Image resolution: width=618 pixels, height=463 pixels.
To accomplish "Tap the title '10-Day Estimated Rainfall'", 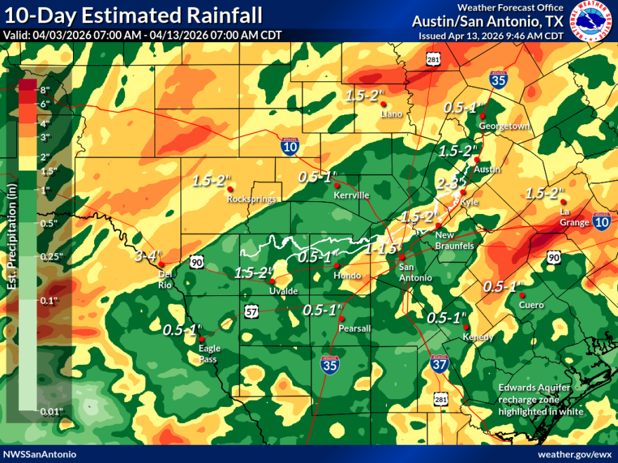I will click(133, 15).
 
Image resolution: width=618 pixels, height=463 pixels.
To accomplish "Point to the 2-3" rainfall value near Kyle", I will click(449, 183).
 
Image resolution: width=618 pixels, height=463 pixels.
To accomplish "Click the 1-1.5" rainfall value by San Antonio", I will click(381, 248).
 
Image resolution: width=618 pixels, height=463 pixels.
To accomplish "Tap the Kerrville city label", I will click(350, 195).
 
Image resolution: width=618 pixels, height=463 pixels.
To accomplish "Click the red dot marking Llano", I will click(383, 105).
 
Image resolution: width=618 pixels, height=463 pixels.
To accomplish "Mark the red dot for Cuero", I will click(521, 295).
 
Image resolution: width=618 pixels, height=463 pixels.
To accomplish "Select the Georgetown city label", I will click(503, 126).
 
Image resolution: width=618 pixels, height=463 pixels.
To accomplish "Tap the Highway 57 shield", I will click(251, 311).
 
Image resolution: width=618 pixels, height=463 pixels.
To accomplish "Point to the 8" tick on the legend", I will click(46, 90).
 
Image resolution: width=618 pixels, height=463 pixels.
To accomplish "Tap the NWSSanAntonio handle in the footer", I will click(39, 454).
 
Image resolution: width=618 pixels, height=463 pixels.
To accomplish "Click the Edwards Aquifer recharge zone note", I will click(540, 399).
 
